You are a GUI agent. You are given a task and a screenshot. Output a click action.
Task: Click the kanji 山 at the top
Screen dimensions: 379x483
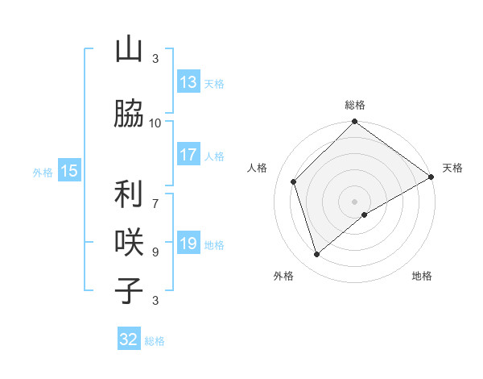[x=129, y=50]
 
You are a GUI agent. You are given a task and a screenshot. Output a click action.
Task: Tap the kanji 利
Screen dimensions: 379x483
[x=129, y=194]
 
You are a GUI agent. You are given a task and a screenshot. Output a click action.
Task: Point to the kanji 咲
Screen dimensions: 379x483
[x=129, y=241]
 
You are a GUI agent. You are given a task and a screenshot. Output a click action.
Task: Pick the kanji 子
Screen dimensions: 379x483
[x=129, y=290]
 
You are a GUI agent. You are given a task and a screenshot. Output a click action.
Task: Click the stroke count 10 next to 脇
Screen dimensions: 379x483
[x=155, y=123]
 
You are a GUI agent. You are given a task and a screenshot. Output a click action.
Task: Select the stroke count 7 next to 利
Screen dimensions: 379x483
[x=155, y=195]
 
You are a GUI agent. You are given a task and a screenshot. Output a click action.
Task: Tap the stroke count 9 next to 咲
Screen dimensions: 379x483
[x=155, y=252]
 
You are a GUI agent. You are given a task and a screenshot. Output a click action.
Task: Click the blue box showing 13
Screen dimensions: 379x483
[x=188, y=82]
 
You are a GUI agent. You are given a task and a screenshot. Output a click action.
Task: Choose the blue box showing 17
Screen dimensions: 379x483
[x=188, y=155]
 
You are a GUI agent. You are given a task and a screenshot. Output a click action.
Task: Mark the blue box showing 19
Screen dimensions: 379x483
[x=188, y=244]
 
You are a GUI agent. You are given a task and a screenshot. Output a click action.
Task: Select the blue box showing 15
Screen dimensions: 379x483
[x=69, y=170]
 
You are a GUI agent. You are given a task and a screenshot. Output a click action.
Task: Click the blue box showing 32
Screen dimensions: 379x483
[x=129, y=339]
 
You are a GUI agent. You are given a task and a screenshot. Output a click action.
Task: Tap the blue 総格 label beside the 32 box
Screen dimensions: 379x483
[x=155, y=341]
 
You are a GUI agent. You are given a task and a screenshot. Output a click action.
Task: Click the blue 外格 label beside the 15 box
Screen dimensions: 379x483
[x=42, y=172]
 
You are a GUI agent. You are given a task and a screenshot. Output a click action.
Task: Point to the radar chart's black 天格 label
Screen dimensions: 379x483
[x=452, y=168]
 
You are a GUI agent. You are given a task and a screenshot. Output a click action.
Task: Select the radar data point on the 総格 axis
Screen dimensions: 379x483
[x=354, y=123]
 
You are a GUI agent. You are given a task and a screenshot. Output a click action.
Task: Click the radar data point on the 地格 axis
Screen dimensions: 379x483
[x=365, y=214]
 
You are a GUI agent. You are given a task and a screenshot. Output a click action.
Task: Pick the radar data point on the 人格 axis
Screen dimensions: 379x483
[x=294, y=181]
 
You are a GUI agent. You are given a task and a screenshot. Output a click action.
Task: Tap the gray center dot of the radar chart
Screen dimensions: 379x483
[x=354, y=201]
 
